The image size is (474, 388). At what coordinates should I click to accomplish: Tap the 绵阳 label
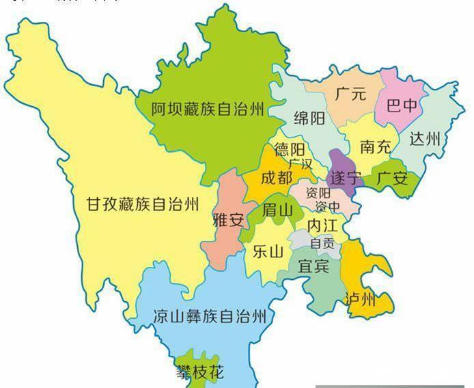pyautogui.click(x=309, y=117)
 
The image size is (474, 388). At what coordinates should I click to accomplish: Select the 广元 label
pyautogui.click(x=350, y=94)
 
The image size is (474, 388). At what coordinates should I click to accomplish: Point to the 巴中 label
pyautogui.click(x=402, y=106)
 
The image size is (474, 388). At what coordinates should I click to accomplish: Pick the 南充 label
pyautogui.click(x=376, y=146)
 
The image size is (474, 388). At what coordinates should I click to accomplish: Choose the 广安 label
pyautogui.click(x=392, y=179)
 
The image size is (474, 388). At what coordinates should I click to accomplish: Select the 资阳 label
pyautogui.click(x=320, y=192)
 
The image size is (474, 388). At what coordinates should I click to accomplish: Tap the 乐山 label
pyautogui.click(x=268, y=251)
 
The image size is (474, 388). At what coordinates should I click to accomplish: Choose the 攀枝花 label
pyautogui.click(x=199, y=374)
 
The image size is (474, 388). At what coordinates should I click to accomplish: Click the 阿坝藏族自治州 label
pyautogui.click(x=208, y=108)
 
